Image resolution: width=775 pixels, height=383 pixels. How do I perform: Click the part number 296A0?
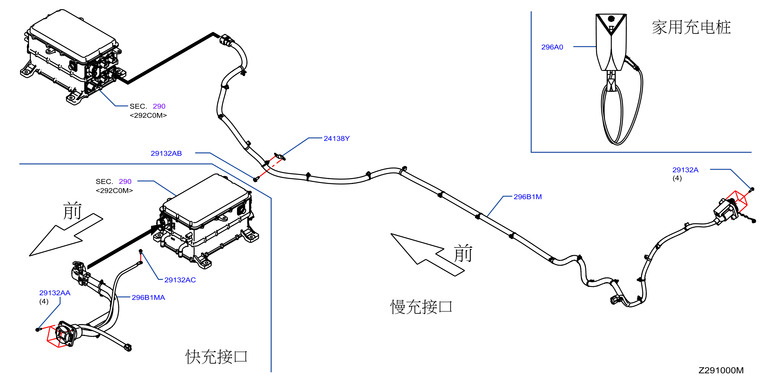click(x=552, y=47)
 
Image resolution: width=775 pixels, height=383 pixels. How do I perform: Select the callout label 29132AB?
click(x=166, y=154)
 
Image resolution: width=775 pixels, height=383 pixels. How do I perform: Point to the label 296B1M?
click(x=527, y=197)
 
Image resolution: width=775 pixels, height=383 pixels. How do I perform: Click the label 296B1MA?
click(x=148, y=298)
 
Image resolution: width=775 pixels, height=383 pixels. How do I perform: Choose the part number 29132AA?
click(x=55, y=293)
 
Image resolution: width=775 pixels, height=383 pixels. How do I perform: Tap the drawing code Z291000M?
click(x=721, y=370)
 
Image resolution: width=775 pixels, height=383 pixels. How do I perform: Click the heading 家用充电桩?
click(x=691, y=28)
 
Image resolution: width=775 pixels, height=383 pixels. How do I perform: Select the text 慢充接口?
click(x=421, y=307)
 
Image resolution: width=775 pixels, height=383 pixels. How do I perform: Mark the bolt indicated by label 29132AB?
click(x=255, y=180)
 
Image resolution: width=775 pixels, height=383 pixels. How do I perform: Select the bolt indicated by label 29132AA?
click(x=38, y=330)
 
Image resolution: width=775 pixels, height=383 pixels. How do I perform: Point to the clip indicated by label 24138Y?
click(x=279, y=157)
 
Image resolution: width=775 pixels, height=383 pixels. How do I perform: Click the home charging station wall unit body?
click(x=611, y=42)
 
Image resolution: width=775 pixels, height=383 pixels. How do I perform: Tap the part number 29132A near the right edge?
click(x=685, y=170)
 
